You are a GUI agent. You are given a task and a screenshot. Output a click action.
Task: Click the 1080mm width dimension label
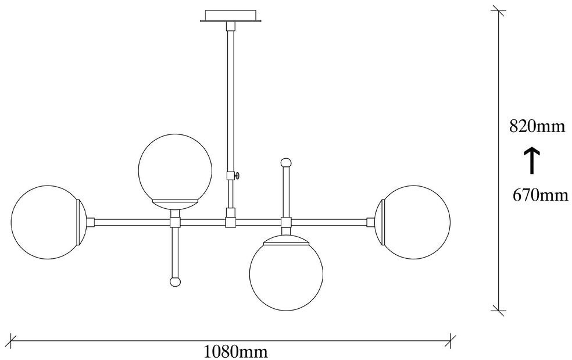click(x=235, y=351)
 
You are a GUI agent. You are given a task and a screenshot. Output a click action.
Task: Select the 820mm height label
click(x=537, y=126)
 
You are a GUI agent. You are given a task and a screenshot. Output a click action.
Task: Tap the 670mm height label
click(x=540, y=195)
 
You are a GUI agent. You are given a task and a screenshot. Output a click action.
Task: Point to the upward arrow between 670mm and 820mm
click(x=532, y=161)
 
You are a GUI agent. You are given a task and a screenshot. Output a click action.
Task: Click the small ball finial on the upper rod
click(x=285, y=162)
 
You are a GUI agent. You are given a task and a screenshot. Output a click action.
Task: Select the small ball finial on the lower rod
click(x=174, y=281)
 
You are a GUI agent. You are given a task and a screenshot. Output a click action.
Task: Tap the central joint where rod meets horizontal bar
click(x=231, y=222)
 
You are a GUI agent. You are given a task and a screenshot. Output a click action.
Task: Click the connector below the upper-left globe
click(x=174, y=222)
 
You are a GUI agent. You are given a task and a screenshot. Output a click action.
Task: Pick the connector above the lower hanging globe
click(x=285, y=222)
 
